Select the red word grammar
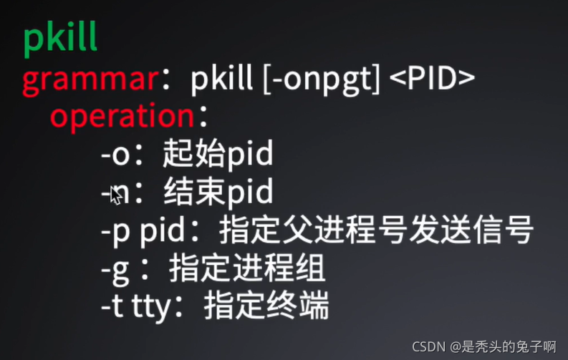click(x=90, y=81)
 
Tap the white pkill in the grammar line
click(x=221, y=79)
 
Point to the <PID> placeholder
click(x=432, y=78)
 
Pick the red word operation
click(x=122, y=117)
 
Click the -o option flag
click(x=115, y=155)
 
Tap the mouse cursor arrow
click(x=116, y=195)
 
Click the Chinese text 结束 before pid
click(x=194, y=191)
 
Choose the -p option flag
click(x=115, y=233)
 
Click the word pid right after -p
click(x=163, y=230)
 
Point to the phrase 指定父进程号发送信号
click(x=376, y=230)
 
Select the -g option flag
click(x=115, y=271)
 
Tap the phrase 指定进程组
click(x=247, y=268)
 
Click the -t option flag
click(x=112, y=306)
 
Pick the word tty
click(x=151, y=308)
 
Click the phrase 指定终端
click(x=266, y=306)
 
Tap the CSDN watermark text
click(x=429, y=346)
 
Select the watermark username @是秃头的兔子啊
click(x=503, y=346)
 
